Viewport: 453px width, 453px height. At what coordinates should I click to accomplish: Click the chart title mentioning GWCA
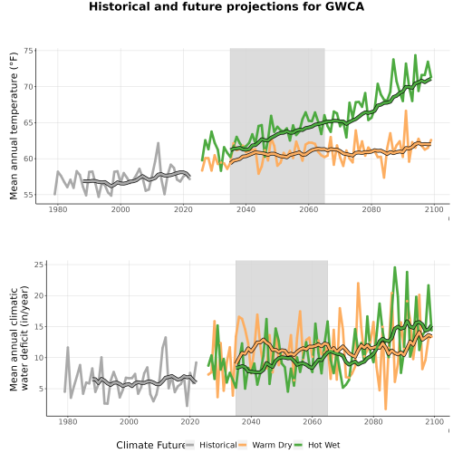click(x=226, y=6)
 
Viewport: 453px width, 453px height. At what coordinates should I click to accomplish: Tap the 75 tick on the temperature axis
click(x=28, y=51)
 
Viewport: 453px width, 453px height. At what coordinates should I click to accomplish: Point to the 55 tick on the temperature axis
click(x=28, y=195)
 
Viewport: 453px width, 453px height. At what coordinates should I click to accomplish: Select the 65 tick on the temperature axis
click(x=28, y=122)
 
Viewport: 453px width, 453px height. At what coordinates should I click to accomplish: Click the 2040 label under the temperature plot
click(x=246, y=209)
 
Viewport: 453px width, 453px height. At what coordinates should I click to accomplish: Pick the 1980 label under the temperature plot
click(x=58, y=209)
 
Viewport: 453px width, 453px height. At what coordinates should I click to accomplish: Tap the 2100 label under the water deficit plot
click(x=434, y=421)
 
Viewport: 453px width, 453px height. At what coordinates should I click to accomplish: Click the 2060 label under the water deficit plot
click(x=313, y=421)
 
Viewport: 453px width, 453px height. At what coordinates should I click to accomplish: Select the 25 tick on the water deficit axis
click(x=39, y=265)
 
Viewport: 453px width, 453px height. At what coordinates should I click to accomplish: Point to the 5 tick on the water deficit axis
click(x=42, y=389)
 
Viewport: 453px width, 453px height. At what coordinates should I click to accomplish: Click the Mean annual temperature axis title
click(x=14, y=126)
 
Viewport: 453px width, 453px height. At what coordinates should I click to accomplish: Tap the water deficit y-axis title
click(x=19, y=338)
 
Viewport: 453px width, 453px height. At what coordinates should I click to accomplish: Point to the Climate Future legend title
click(x=150, y=445)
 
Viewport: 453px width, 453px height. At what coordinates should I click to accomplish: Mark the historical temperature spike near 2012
click(x=158, y=143)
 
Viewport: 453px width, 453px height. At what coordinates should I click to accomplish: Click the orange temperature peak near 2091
click(x=406, y=111)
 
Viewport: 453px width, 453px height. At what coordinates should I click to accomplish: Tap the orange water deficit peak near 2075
click(x=359, y=283)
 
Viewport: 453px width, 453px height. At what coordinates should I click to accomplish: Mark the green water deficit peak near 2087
click(x=395, y=267)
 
